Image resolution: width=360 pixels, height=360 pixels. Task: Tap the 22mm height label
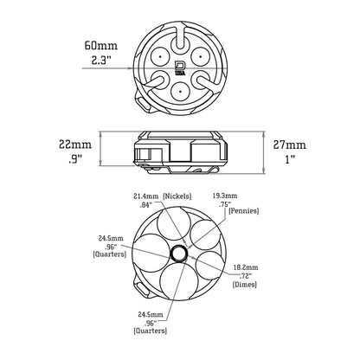pyautogui.click(x=68, y=143)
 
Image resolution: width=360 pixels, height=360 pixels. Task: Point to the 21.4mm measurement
pyautogui.click(x=144, y=197)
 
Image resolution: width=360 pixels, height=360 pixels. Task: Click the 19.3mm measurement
pyautogui.click(x=225, y=196)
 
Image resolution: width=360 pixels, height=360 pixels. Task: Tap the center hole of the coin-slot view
pyautogui.click(x=179, y=252)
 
